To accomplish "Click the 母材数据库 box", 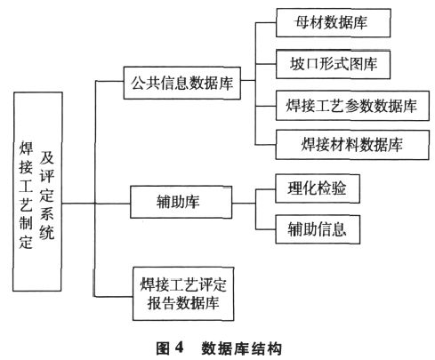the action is pos(334,23).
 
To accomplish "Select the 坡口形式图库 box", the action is pos(333,64).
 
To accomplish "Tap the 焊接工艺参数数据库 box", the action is pos(352,106).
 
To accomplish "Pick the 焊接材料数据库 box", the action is pos(352,145).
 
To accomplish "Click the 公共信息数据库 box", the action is pos(182,83).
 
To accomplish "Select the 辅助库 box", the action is pos(181,202).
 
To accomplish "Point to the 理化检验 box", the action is pos(318,188).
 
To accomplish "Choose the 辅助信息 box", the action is pos(318,229).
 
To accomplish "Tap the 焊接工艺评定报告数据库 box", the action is pos(183,293).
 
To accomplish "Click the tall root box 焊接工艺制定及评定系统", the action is pos(37,191).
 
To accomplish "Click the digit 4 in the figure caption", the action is pos(179,348).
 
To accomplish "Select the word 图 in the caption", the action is pos(163,348).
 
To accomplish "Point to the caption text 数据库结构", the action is pos(241,348).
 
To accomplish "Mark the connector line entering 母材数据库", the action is pos(266,22).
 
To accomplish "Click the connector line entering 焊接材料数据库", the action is pos(266,145).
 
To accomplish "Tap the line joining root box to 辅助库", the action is pos(96,204).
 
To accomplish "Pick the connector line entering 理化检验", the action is pos(266,189).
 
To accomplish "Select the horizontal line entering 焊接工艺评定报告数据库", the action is pos(114,296).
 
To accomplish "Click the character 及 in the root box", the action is pos(47,157).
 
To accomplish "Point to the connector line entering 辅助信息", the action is pos(266,229).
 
